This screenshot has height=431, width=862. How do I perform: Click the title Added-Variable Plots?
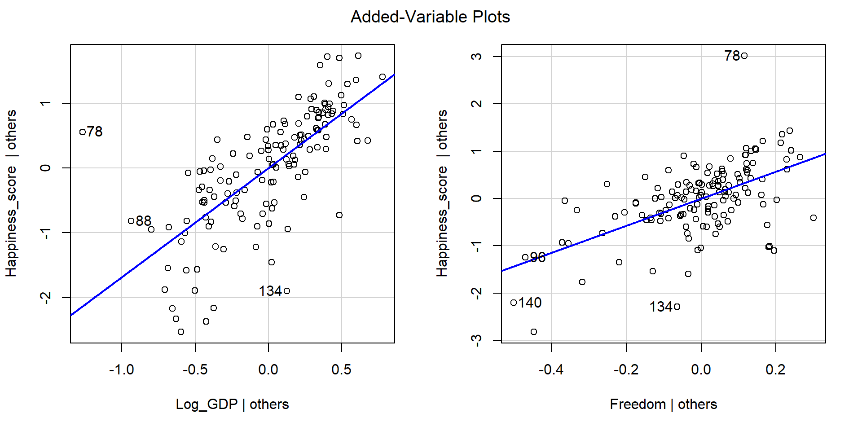click(x=430, y=17)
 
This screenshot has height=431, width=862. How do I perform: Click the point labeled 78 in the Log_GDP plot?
click(x=83, y=132)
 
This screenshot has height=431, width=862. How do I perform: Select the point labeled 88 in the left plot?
click(x=131, y=221)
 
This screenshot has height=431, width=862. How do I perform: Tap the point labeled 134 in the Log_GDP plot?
click(x=287, y=291)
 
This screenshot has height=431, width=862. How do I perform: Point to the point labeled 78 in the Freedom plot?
click(x=744, y=56)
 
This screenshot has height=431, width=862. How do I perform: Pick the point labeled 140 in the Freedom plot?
click(x=514, y=303)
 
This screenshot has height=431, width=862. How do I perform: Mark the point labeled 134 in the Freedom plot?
click(x=677, y=307)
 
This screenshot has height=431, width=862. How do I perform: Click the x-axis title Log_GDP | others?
click(x=232, y=404)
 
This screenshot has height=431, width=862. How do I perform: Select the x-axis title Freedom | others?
click(x=663, y=404)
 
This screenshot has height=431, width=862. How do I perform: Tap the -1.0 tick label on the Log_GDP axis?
click(x=121, y=369)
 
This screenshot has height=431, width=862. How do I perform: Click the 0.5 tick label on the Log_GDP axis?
click(x=342, y=369)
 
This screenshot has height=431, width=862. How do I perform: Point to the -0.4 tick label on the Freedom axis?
click(x=551, y=369)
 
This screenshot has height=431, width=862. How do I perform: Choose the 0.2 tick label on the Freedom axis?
click(x=776, y=369)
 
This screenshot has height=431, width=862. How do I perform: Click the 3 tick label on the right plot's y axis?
click(x=477, y=57)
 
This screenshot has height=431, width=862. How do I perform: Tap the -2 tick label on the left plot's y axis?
click(x=45, y=297)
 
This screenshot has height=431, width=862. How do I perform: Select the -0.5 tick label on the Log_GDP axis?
click(x=195, y=369)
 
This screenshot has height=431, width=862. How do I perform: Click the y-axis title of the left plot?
click(x=11, y=194)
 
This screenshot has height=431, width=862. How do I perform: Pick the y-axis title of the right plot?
click(x=442, y=194)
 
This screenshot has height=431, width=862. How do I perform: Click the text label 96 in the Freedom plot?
click(x=538, y=257)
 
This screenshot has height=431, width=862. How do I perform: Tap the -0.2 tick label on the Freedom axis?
click(x=626, y=369)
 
